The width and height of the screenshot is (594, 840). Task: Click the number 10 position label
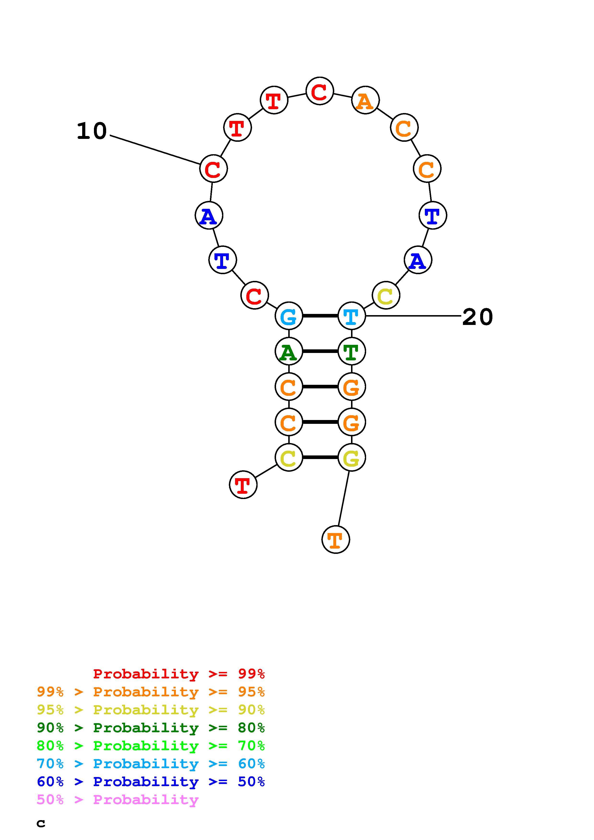(x=92, y=131)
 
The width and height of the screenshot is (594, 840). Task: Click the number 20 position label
(x=477, y=317)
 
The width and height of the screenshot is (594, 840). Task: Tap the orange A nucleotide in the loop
(x=365, y=101)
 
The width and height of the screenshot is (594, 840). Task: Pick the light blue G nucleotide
(x=289, y=316)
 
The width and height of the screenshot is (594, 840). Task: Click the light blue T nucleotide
(x=351, y=316)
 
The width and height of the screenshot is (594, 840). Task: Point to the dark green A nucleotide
(x=289, y=352)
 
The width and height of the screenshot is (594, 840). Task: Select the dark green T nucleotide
(x=351, y=352)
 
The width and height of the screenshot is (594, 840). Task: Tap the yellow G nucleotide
(x=351, y=458)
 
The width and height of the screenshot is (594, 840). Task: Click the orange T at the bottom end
(x=336, y=540)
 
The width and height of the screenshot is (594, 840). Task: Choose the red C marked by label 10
(x=213, y=169)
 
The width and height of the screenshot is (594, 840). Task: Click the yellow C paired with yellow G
(x=289, y=458)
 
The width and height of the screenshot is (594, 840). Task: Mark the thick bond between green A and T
(x=320, y=352)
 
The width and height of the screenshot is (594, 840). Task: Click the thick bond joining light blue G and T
(x=320, y=316)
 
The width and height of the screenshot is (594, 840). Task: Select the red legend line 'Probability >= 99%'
(x=179, y=674)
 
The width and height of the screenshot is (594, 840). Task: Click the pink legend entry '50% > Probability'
(x=118, y=800)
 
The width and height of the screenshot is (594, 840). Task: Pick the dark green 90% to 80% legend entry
(x=151, y=728)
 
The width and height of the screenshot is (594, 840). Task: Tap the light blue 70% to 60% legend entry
(x=151, y=764)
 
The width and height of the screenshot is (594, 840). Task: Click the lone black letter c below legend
(x=41, y=823)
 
